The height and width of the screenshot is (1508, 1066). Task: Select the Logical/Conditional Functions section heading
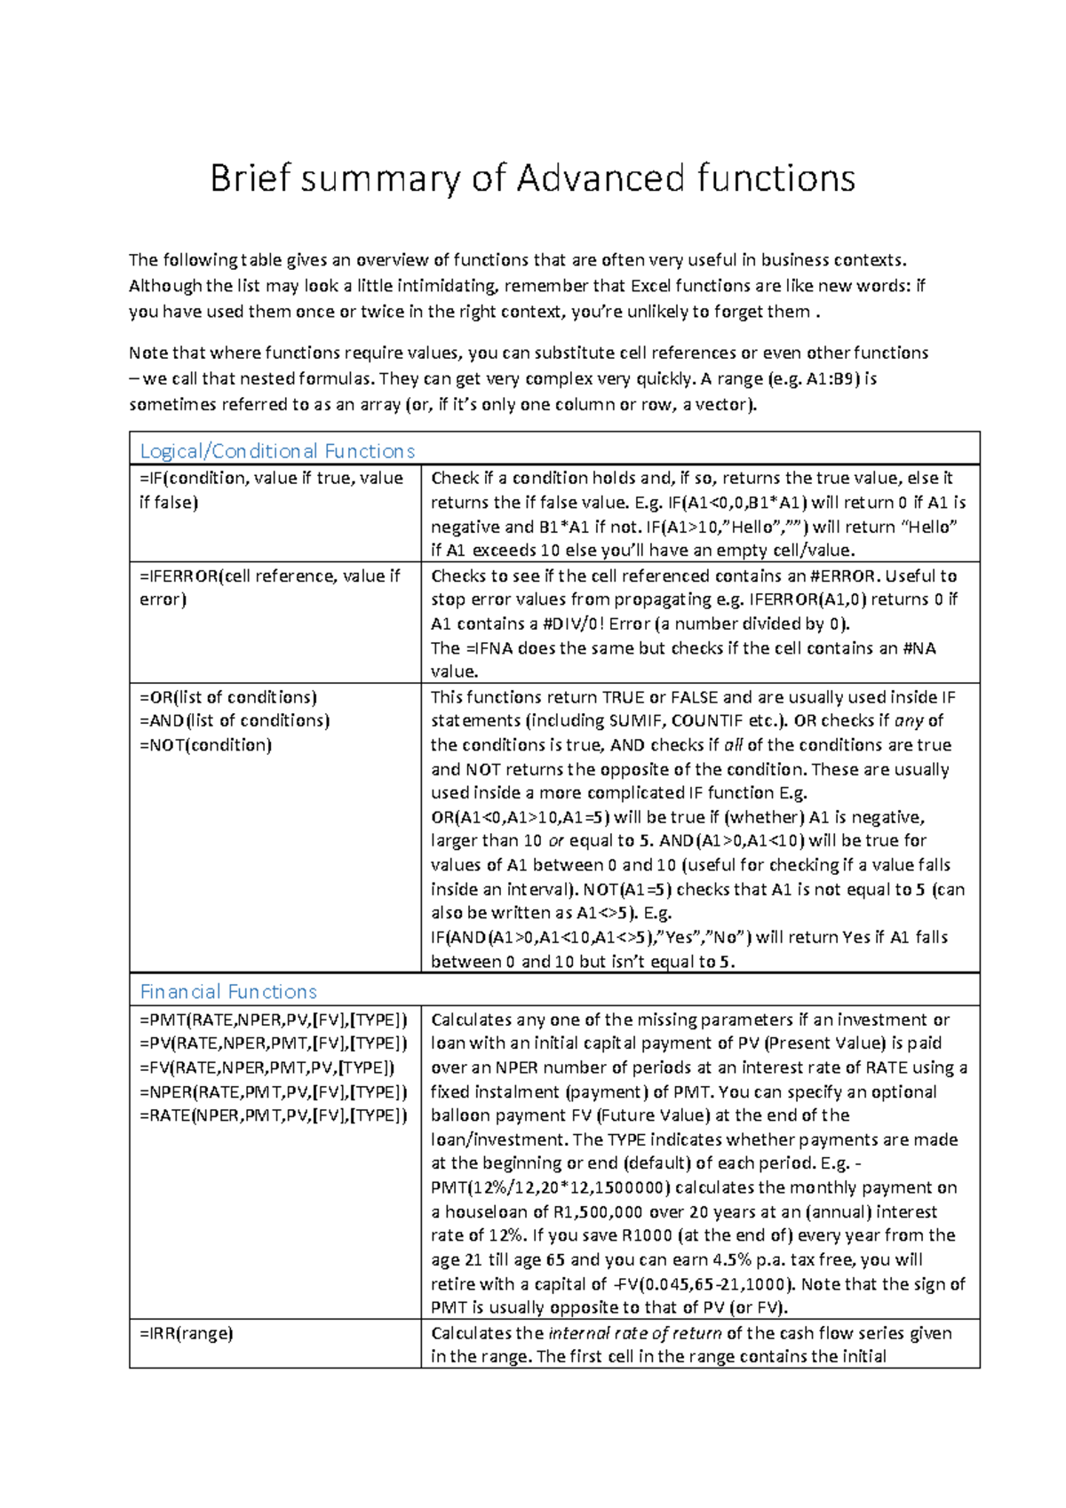pos(277,451)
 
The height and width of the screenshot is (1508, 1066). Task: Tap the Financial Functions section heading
pos(228,991)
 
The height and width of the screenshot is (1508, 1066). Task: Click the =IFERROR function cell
pos(269,587)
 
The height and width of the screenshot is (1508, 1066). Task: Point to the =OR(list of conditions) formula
pos(228,697)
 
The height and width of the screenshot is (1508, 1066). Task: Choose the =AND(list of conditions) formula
pos(235,720)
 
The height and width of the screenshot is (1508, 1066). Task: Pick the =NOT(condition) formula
pos(205,744)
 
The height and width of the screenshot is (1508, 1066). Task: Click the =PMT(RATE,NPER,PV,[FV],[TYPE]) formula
pos(274,1020)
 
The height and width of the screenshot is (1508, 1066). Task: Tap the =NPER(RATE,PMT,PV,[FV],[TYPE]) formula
pos(274,1091)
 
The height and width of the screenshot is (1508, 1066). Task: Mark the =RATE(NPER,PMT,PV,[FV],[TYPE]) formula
pos(274,1115)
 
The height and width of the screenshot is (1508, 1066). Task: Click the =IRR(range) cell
pos(187,1332)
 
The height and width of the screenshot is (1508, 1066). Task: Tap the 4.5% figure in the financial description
pos(732,1259)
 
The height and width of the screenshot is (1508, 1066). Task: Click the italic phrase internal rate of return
pos(635,1332)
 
